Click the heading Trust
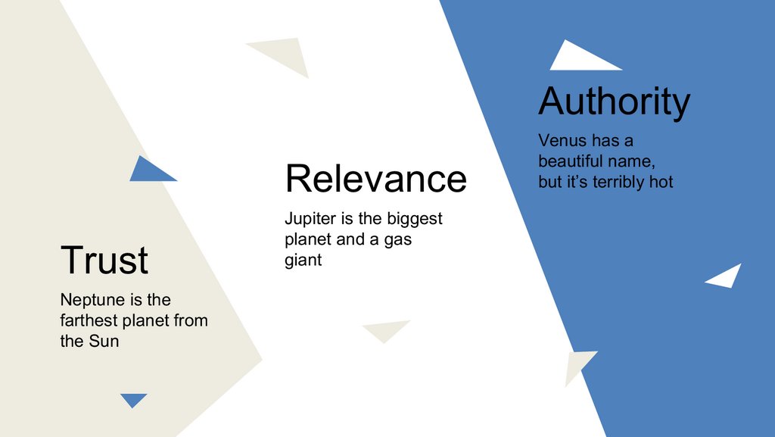pos(104,260)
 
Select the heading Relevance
pos(375,179)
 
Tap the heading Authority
pos(614,101)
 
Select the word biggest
pos(415,220)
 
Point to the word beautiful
pos(576,161)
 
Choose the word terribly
pos(620,182)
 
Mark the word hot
pos(661,182)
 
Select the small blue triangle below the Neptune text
pos(133,399)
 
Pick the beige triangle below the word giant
pos(385,329)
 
